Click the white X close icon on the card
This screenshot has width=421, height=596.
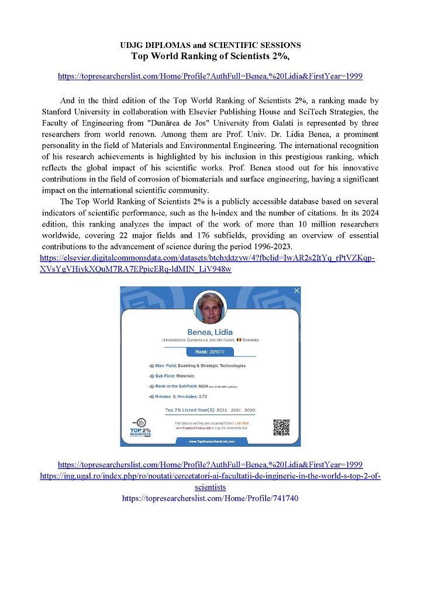(x=296, y=291)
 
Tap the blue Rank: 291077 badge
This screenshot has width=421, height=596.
(x=210, y=352)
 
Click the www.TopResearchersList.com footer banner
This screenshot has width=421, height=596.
(x=212, y=441)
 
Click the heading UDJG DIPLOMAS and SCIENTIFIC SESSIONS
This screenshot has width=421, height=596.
(x=210, y=45)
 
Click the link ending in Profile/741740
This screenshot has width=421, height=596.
(x=210, y=498)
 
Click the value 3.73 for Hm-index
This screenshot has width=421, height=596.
(x=208, y=397)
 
